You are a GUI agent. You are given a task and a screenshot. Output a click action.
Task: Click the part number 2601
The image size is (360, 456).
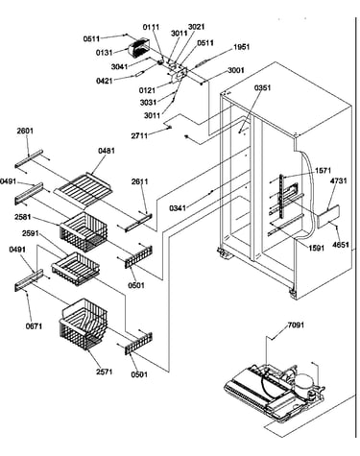coord(25,131)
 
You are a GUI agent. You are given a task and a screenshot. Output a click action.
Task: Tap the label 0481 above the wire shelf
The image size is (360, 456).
coord(107,151)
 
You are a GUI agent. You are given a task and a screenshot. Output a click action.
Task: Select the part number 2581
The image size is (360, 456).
coord(23,217)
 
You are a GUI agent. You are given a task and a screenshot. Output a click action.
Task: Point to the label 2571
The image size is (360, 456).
coord(105,372)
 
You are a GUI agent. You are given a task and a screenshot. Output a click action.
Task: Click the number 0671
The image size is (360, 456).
coord(34,326)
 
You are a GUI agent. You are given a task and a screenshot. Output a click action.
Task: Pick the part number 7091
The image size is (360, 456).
coord(296,325)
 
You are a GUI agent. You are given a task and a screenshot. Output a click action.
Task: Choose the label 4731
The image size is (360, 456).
coord(339,180)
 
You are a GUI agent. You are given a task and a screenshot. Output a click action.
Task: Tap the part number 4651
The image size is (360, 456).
coord(340,245)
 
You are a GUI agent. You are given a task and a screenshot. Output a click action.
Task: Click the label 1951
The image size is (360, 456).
coord(241,47)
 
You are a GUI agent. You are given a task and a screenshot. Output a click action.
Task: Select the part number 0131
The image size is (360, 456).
coord(105,53)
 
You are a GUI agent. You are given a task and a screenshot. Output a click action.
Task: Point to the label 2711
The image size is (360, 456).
coord(139,135)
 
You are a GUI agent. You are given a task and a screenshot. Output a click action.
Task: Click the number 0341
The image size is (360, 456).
coord(178,208)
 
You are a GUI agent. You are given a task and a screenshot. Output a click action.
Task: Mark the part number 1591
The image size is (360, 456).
coord(317,248)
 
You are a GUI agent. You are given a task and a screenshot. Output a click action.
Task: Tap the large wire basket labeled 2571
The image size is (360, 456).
coord(84,324)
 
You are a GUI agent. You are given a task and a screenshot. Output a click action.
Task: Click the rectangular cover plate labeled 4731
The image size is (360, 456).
coord(328,217)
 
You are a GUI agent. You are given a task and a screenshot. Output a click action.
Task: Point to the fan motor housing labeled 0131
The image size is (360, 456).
coord(137,47)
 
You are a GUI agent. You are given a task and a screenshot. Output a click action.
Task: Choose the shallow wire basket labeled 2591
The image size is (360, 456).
coord(76,268)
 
